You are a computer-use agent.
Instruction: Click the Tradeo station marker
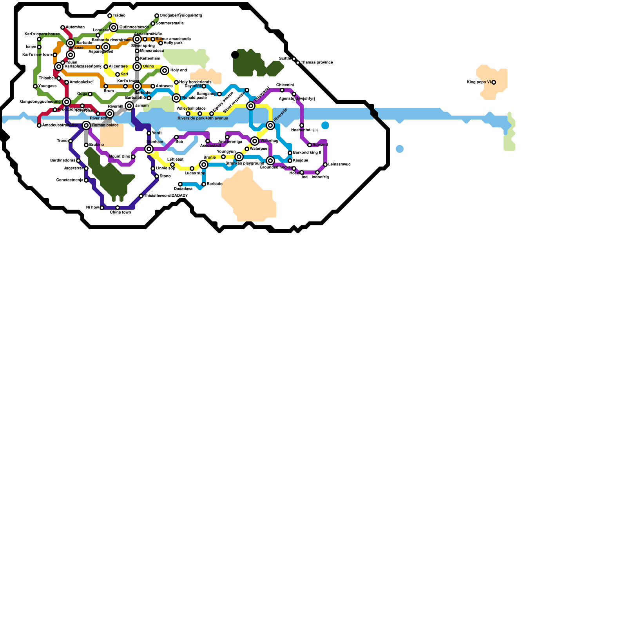point(110,16)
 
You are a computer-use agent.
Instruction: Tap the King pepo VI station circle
point(494,82)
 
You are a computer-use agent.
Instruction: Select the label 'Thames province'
point(317,63)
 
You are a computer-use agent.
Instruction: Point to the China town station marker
point(118,208)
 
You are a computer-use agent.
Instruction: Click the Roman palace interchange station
point(86,125)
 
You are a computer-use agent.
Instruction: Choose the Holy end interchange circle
point(165,71)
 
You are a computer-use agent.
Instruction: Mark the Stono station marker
point(157,176)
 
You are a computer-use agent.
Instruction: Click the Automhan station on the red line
point(63,27)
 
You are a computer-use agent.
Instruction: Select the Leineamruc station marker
point(325,165)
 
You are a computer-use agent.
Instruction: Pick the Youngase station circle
point(35,86)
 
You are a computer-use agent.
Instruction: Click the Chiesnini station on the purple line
point(282,90)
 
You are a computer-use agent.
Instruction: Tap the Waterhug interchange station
point(255,141)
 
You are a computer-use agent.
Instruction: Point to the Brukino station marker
point(86,145)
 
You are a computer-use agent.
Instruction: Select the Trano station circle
point(71,141)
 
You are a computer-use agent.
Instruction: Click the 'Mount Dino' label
point(120,157)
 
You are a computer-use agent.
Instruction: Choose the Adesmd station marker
point(310,145)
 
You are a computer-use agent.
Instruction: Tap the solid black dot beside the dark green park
point(235,55)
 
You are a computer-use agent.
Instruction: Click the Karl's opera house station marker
point(39,39)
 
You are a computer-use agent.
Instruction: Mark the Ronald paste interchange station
point(176,98)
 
